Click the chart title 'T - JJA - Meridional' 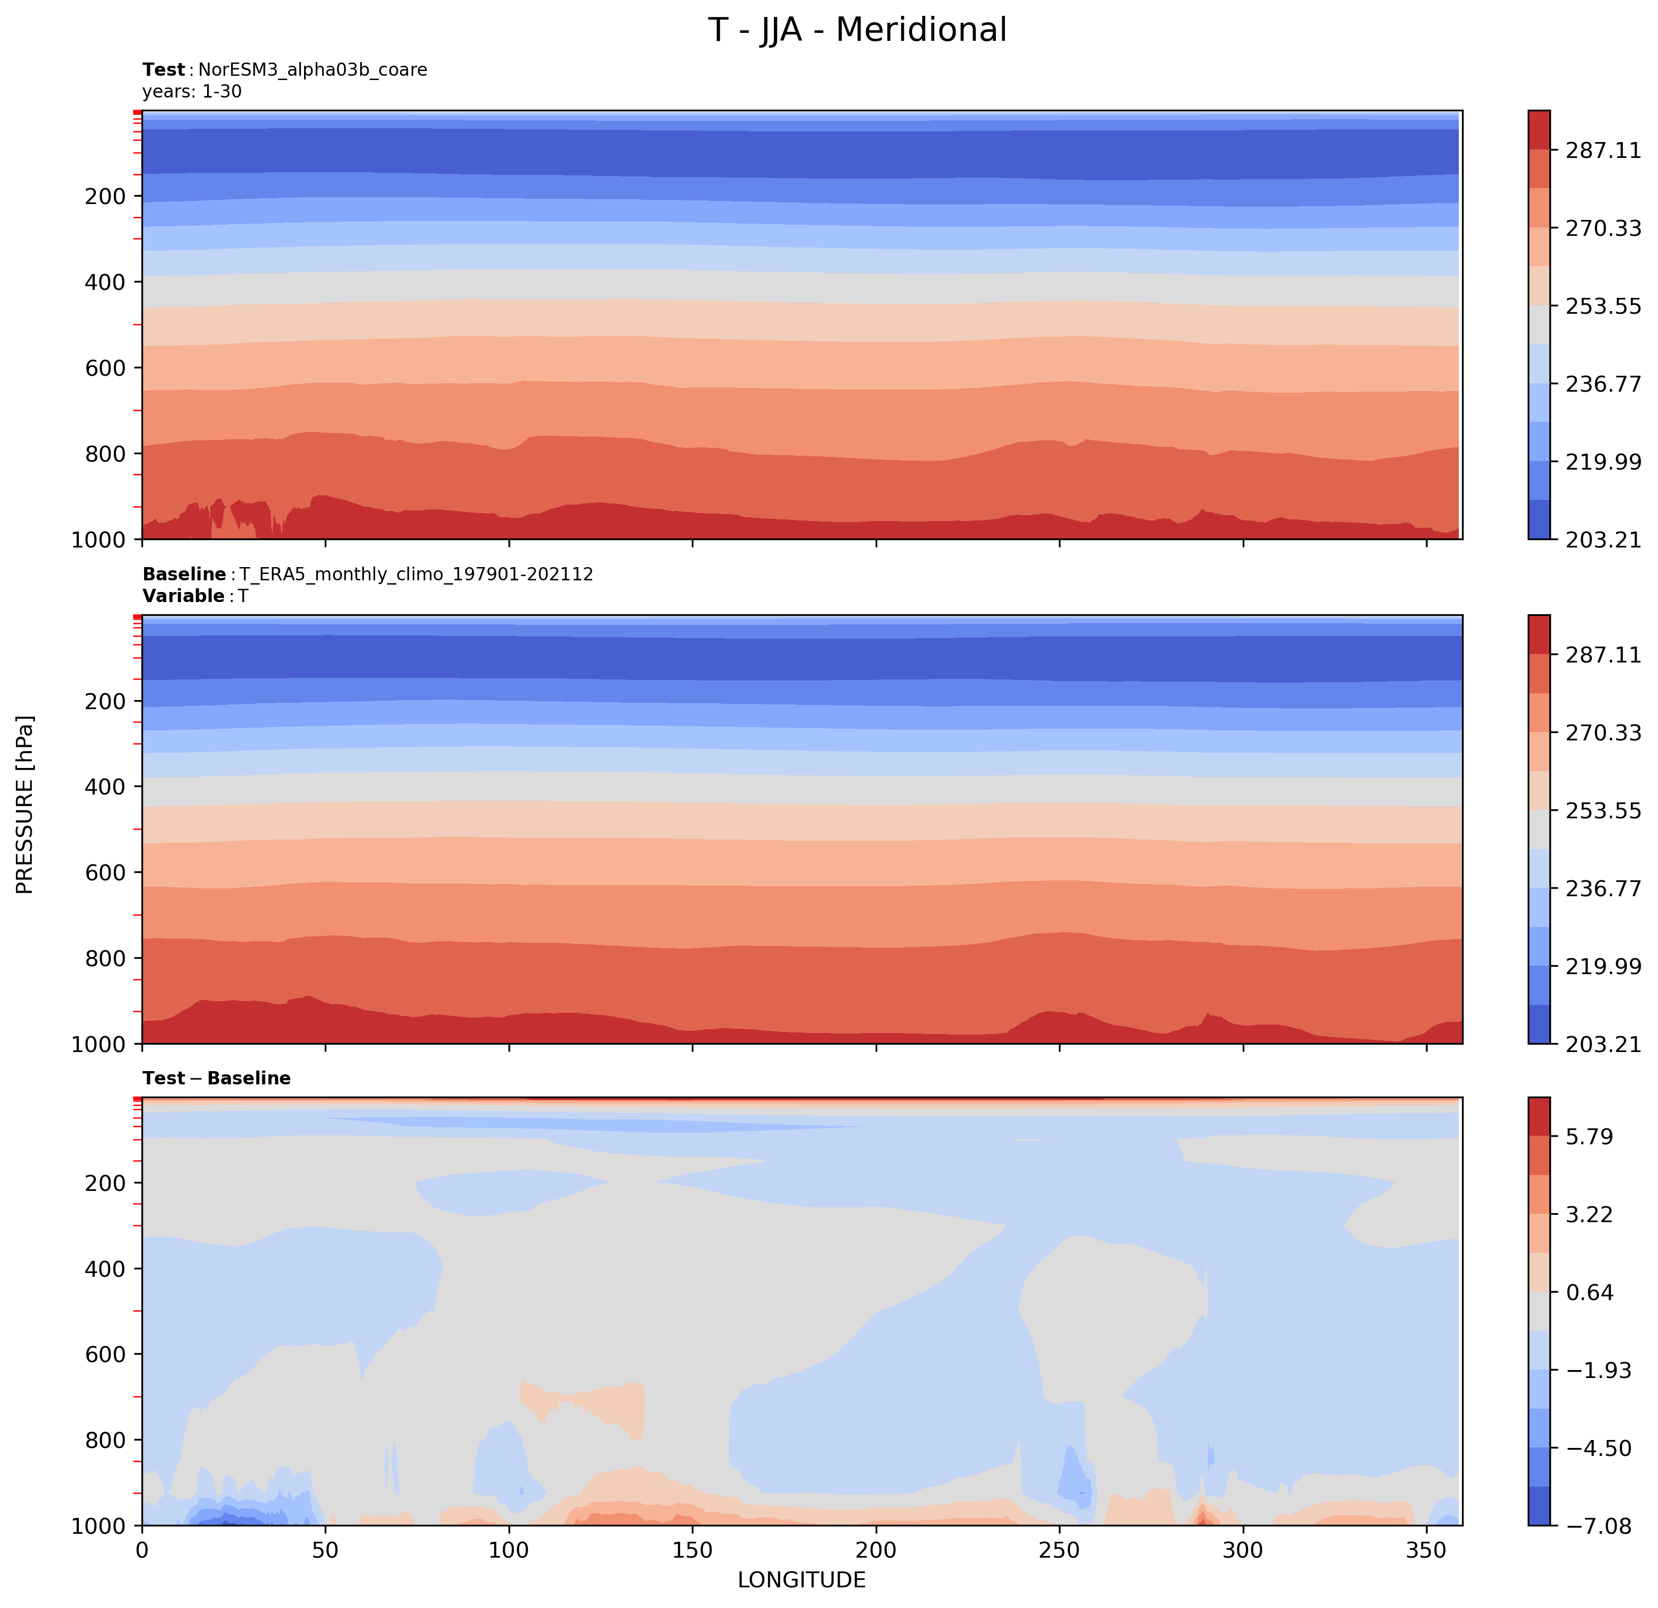pyautogui.click(x=857, y=30)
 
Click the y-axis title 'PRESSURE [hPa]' pyautogui.click(x=25, y=804)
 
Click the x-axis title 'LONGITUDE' pyautogui.click(x=801, y=1580)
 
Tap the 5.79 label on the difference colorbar pyautogui.click(x=1589, y=1137)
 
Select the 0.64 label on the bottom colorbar pyautogui.click(x=1589, y=1292)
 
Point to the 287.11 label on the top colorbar pyautogui.click(x=1602, y=151)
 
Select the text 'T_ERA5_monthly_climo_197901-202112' pyautogui.click(x=416, y=575)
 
